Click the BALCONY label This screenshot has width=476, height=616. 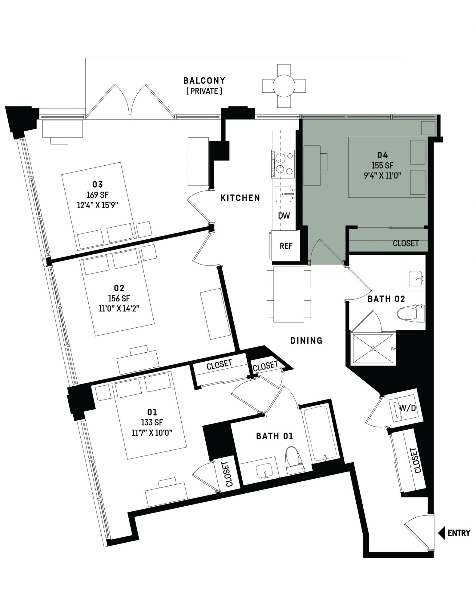(x=204, y=81)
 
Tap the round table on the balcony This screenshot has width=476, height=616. (x=284, y=86)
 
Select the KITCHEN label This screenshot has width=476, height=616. (x=240, y=198)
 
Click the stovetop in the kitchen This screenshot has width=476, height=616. (x=283, y=164)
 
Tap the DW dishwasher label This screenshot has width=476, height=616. (x=284, y=216)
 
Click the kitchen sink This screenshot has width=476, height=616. (x=284, y=194)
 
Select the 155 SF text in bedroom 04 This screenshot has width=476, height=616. (x=382, y=165)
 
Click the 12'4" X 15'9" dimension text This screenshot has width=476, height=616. (x=98, y=205)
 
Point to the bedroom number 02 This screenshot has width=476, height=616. (x=119, y=288)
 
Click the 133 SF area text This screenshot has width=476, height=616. (x=152, y=422)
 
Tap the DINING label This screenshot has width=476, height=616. (x=306, y=340)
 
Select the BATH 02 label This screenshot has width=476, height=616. (x=386, y=299)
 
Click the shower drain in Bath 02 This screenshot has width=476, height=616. (x=373, y=349)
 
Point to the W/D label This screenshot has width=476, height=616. (x=407, y=408)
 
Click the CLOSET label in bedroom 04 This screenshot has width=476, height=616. (x=405, y=243)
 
